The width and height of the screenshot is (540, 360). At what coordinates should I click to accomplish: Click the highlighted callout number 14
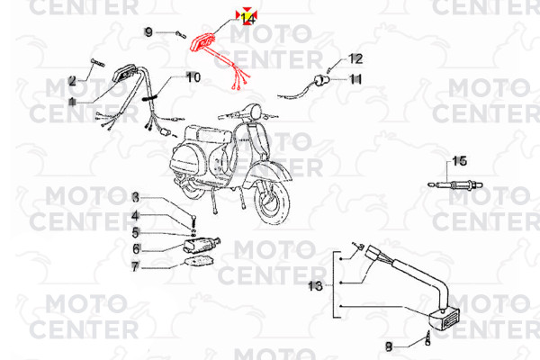[247, 19]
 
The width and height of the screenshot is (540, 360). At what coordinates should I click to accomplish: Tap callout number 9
[148, 32]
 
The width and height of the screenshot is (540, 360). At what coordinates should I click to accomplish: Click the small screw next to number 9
[181, 34]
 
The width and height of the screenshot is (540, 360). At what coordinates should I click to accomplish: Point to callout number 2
[72, 81]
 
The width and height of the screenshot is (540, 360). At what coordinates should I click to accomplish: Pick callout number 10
[193, 77]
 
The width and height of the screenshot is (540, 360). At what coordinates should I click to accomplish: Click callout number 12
[355, 58]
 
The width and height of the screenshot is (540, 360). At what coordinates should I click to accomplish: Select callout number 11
[355, 79]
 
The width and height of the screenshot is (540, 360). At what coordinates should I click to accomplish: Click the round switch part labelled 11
[321, 81]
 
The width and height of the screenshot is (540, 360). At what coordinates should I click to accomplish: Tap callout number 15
[459, 161]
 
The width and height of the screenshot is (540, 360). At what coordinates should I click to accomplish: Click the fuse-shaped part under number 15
[455, 185]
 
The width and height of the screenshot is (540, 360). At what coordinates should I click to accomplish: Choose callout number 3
[136, 197]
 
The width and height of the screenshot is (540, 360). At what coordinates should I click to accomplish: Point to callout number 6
[137, 248]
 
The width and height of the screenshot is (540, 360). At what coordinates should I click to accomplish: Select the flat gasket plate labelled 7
[197, 262]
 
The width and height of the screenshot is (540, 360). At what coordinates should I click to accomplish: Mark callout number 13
[315, 285]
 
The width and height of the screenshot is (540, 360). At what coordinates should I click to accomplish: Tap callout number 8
[389, 346]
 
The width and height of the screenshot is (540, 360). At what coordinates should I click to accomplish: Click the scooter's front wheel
[272, 203]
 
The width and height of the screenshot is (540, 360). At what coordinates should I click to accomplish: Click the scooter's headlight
[255, 112]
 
